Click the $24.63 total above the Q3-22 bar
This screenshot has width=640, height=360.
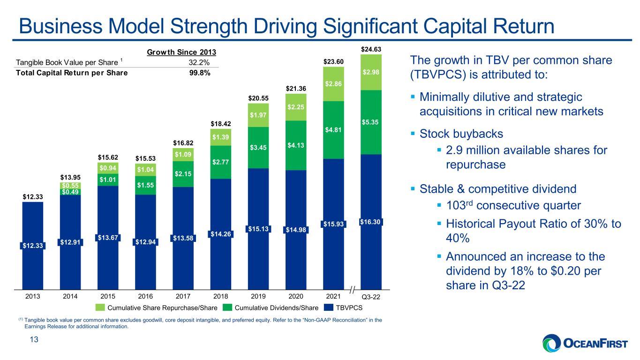tap(371, 49)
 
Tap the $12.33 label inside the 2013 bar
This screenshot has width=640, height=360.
tap(32, 246)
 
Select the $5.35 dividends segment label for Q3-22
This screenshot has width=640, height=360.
tap(370, 122)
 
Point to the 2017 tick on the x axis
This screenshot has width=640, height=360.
tap(183, 296)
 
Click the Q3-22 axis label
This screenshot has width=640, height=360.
tap(371, 297)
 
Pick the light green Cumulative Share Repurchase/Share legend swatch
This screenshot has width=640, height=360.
tap(100, 307)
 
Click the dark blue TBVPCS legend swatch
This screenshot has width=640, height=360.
tap(329, 307)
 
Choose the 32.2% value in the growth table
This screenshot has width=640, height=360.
tap(199, 62)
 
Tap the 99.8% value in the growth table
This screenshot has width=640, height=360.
tap(200, 73)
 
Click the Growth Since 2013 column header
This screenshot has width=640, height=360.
tap(181, 52)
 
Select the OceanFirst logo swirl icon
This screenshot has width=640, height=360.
tap(552, 343)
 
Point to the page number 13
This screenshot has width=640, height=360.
tap(34, 339)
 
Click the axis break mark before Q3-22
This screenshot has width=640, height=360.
tap(353, 290)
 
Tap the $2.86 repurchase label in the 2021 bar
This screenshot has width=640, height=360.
tap(333, 84)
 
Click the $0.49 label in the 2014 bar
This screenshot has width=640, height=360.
tap(70, 192)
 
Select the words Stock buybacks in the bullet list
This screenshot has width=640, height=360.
tap(461, 134)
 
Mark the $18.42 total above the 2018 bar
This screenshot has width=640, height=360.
tap(220, 124)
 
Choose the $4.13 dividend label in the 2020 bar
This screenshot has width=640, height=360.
tap(296, 145)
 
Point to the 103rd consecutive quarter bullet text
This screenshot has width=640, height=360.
tap(513, 205)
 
